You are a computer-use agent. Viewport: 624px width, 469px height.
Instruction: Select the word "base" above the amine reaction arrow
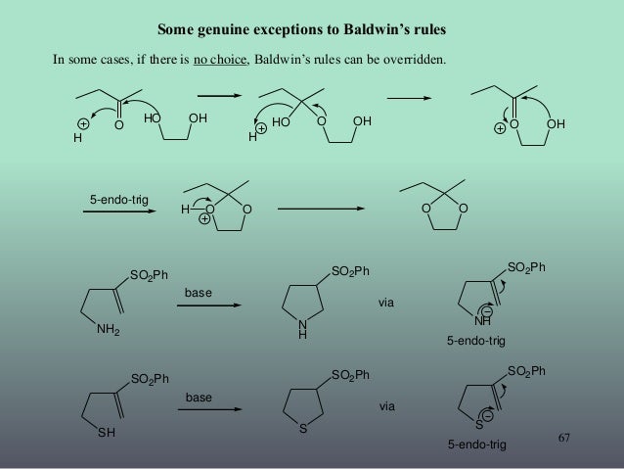tap(199, 292)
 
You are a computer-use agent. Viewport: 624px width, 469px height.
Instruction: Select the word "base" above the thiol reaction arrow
tap(199, 399)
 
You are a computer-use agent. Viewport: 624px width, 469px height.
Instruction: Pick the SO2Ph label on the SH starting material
tap(151, 378)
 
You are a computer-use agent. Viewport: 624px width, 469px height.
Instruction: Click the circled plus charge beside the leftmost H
tap(83, 124)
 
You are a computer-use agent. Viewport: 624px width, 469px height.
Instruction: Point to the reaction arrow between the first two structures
tap(218, 96)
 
